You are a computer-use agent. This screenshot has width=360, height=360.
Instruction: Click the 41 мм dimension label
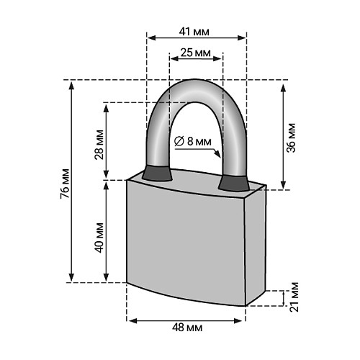[194, 32]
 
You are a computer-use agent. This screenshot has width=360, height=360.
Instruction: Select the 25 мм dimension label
[196, 53]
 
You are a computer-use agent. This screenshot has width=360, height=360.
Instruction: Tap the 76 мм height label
[65, 184]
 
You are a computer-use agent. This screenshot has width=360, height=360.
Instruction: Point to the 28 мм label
[99, 145]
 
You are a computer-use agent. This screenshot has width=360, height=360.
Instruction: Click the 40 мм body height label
[99, 238]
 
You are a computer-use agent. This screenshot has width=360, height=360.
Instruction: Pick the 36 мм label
[292, 138]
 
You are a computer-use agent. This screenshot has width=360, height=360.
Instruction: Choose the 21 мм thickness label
[294, 297]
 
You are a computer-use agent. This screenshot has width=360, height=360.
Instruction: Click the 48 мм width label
[187, 328]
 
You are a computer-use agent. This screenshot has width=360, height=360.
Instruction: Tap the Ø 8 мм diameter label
[193, 141]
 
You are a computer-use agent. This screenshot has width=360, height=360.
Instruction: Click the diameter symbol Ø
[179, 141]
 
